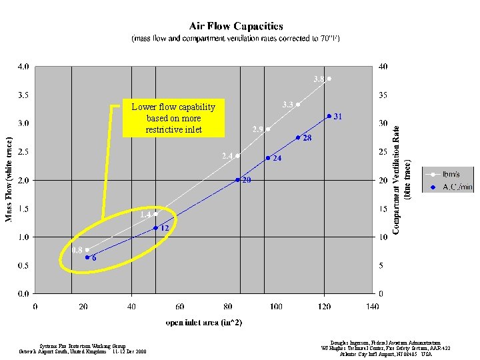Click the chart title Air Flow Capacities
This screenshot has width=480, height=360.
point(236,26)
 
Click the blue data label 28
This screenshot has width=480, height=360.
point(307,139)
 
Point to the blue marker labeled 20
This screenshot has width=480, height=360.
point(238,180)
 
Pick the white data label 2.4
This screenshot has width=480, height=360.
point(227,156)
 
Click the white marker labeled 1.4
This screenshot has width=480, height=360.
point(155,214)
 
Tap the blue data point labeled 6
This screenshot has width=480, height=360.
point(87,257)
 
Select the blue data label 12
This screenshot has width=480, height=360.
point(163,228)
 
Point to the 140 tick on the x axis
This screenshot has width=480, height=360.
point(373,307)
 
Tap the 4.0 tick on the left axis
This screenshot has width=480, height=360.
point(23,67)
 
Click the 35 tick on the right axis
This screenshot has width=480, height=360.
point(383,95)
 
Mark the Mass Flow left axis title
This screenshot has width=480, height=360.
point(9,180)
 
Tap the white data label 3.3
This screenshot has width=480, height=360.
point(289,105)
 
